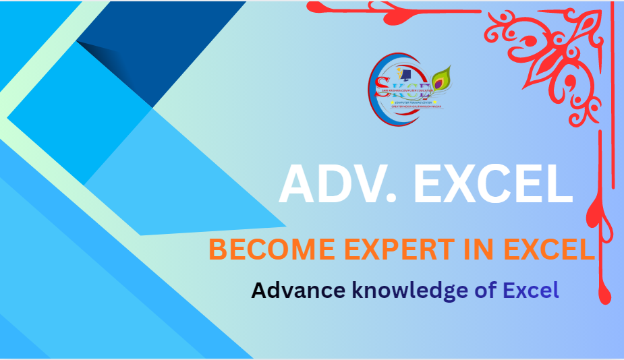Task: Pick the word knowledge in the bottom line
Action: point(409,291)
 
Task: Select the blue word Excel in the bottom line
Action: point(532,291)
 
